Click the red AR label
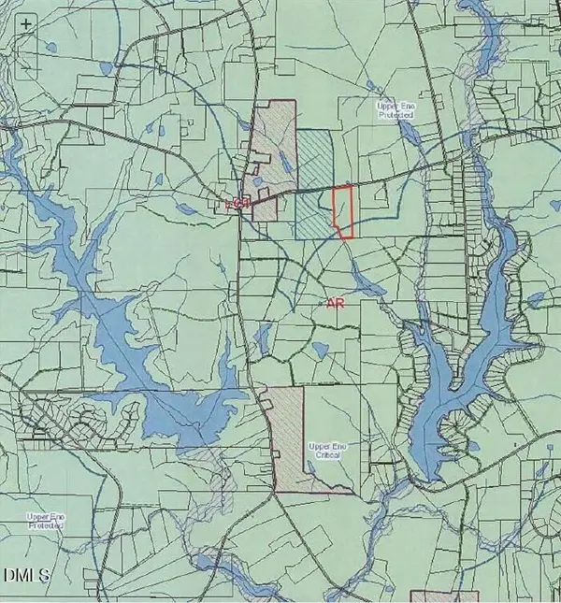337,303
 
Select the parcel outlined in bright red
344,211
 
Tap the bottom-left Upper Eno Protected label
44,521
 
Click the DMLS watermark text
26,573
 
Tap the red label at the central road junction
240,202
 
